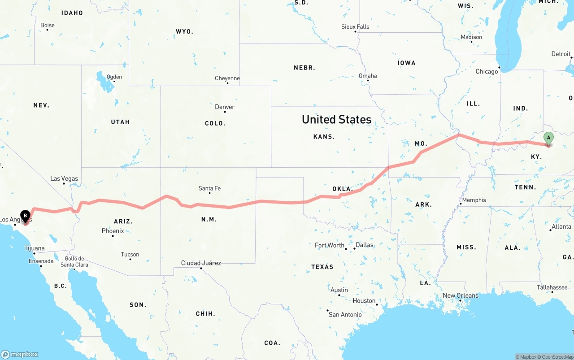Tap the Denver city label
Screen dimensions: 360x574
point(225,107)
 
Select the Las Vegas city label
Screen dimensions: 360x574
point(64,178)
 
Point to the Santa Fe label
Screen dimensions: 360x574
point(209,188)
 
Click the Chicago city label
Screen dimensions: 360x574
point(487,71)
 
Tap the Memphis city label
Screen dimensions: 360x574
point(474,200)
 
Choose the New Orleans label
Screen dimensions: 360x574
point(461,295)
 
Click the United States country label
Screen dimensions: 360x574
point(336,119)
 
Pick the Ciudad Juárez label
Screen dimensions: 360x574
point(201,263)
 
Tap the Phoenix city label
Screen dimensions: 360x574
point(113,231)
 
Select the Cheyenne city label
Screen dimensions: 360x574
point(227,78)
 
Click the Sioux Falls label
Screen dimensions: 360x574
point(355,27)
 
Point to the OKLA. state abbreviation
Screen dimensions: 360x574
point(343,189)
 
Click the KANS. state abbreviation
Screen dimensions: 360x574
point(324,136)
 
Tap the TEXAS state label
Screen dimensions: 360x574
point(322,267)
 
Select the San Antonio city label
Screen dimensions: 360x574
point(345,314)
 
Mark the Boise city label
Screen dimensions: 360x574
point(48,25)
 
